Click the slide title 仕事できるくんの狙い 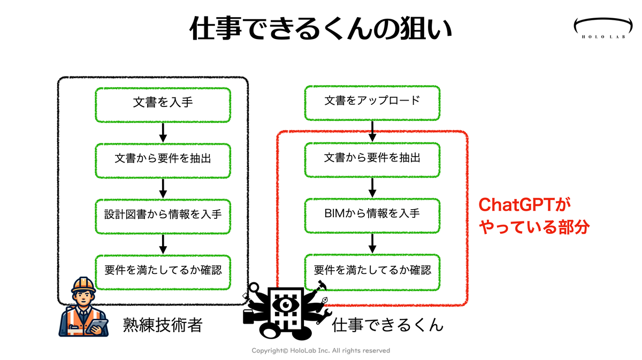click(320, 28)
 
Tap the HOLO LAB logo click(603, 28)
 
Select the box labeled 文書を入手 click(163, 105)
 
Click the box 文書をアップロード click(372, 103)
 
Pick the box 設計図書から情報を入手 click(163, 217)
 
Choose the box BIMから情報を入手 click(372, 216)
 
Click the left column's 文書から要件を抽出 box click(163, 161)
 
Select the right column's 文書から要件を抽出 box click(372, 160)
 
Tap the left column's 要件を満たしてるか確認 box click(163, 272)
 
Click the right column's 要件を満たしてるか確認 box click(372, 272)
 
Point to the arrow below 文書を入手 click(163, 133)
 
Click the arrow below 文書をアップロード click(372, 131)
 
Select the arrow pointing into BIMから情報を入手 click(372, 188)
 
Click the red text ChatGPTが click(524, 205)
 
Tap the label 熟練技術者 click(163, 325)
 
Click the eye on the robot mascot click(285, 304)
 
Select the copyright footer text click(320, 350)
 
